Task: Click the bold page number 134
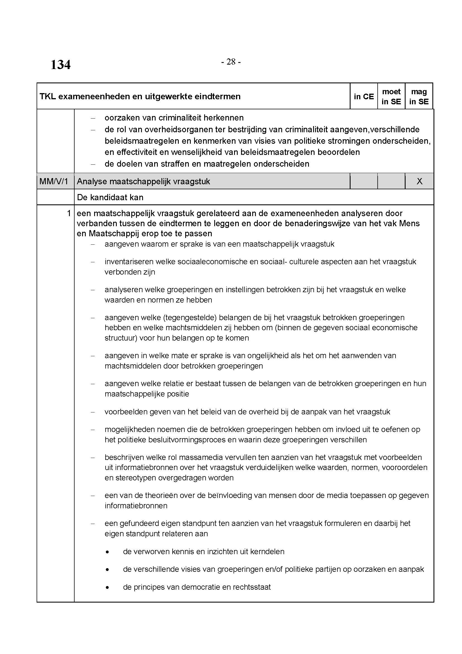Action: click(60, 65)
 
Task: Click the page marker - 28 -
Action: click(231, 62)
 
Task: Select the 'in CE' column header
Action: click(364, 96)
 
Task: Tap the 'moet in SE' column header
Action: click(391, 96)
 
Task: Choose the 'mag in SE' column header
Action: click(419, 96)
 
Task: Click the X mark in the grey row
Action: click(419, 181)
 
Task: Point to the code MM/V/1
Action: click(54, 181)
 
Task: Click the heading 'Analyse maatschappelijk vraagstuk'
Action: click(143, 181)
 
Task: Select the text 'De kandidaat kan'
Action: click(110, 197)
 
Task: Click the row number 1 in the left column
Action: click(68, 213)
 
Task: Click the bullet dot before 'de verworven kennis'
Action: click(107, 552)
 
